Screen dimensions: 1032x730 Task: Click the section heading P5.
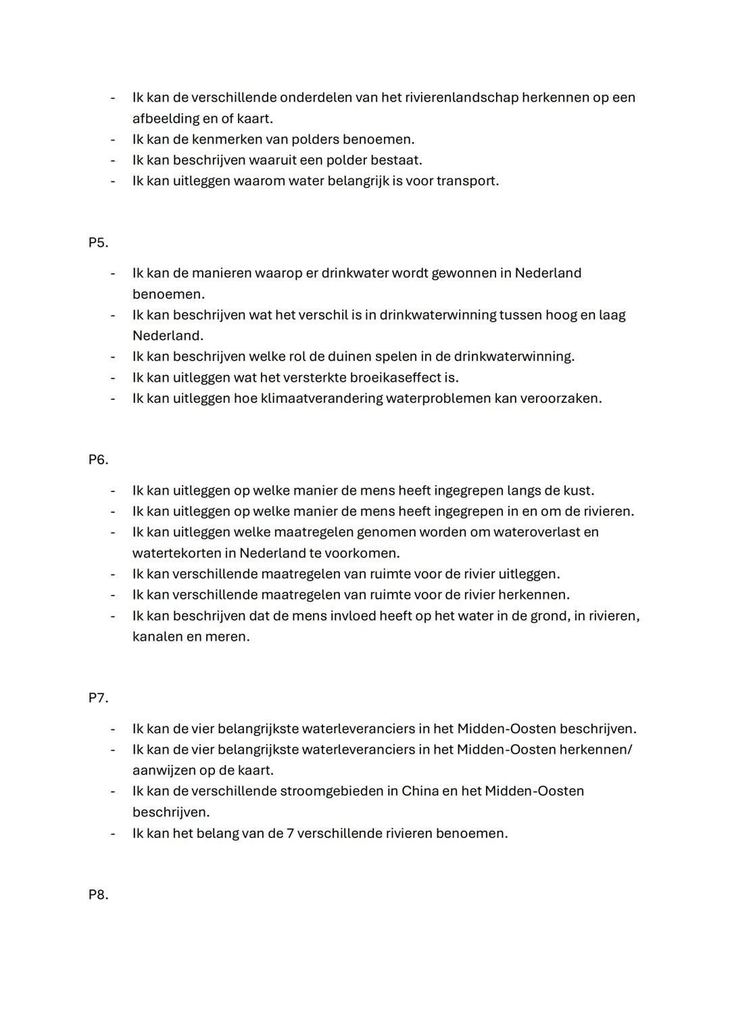pyautogui.click(x=98, y=243)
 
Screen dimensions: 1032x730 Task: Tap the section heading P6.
pyautogui.click(x=98, y=460)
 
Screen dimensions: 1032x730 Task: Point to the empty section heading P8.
pyautogui.click(x=98, y=895)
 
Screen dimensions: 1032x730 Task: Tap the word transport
pyautogui.click(x=467, y=180)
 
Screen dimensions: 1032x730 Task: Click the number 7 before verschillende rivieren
pyautogui.click(x=290, y=833)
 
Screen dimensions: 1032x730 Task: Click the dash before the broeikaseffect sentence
pyautogui.click(x=113, y=377)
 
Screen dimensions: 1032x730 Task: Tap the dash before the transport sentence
pyautogui.click(x=113, y=180)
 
